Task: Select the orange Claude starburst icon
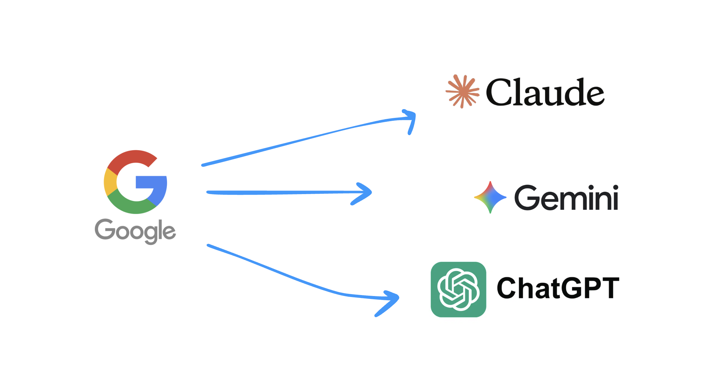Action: pos(462,92)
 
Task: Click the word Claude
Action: pos(545,92)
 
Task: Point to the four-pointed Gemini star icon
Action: pos(490,197)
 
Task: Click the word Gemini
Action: pos(566,198)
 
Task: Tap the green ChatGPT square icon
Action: pos(458,289)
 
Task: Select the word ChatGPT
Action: pos(558,288)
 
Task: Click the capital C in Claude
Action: pos(498,92)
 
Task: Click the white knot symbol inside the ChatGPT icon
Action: pos(458,289)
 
